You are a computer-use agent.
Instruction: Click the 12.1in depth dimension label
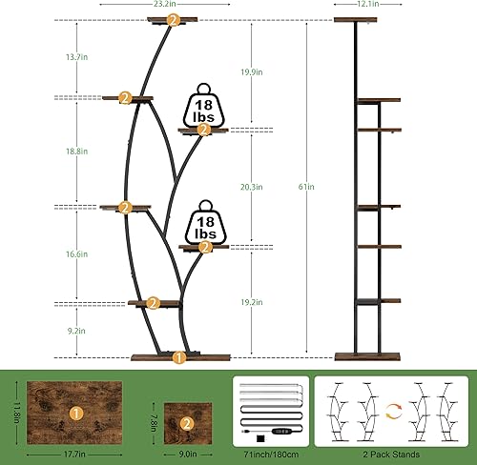(367, 5)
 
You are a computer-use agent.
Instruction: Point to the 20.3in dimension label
(254, 187)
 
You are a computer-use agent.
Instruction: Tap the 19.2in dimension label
(254, 300)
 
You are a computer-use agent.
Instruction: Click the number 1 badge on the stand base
(178, 358)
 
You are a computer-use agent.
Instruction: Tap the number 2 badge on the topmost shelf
(172, 19)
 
